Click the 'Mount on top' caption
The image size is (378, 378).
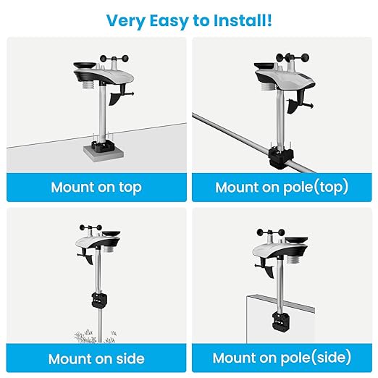click(x=96, y=187)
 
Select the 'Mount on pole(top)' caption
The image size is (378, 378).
click(x=282, y=187)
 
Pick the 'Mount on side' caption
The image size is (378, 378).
click(x=96, y=358)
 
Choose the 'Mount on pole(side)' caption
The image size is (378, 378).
click(x=282, y=358)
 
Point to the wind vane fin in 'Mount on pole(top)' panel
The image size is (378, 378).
click(x=292, y=107)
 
